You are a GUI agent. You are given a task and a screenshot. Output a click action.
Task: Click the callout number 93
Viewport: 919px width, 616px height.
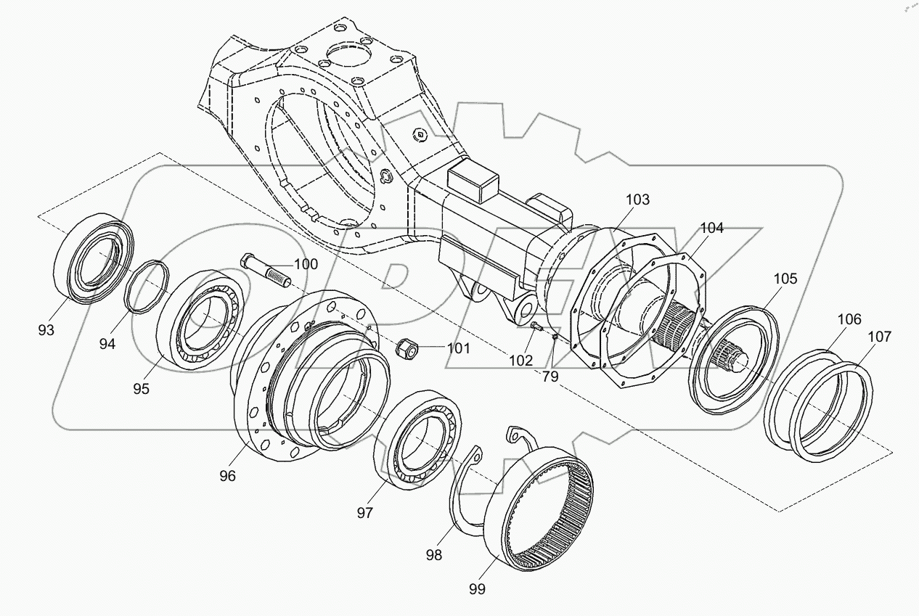point(46,331)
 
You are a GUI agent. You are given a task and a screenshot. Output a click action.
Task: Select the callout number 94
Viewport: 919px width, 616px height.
point(107,344)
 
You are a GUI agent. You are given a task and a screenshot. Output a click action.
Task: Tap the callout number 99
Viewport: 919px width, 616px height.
point(476,588)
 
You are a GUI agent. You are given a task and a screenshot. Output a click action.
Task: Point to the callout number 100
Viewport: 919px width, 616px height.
point(306,264)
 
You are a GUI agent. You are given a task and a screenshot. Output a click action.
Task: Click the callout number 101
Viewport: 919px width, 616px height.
point(458,348)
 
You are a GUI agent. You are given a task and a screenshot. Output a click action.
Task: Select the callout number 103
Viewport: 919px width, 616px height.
point(637,199)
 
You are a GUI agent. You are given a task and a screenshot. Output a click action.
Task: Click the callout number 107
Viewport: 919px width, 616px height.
point(879,337)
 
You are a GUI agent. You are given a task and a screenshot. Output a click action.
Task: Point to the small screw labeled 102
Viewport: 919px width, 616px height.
point(536,329)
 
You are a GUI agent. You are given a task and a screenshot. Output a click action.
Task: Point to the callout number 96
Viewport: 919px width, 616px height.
point(228,476)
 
